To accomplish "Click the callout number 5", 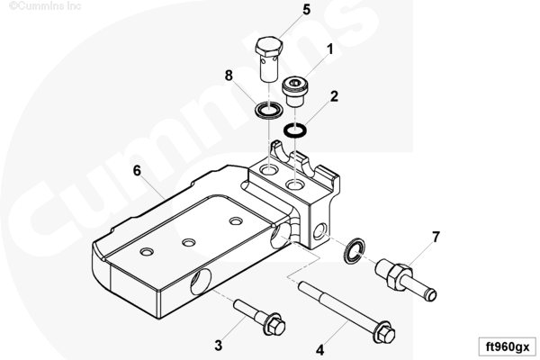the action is click(307, 10).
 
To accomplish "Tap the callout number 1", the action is click(330, 49).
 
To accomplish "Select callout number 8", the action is click(229, 75).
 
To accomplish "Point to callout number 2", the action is click(334, 96).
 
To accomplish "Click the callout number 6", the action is click(137, 170).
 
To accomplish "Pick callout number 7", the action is click(436, 237).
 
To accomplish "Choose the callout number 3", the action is click(219, 346).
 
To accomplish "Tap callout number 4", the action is click(319, 350).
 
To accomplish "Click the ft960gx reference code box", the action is click(508, 346).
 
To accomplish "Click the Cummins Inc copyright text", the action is click(45, 5).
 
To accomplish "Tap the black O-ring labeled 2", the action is click(295, 130).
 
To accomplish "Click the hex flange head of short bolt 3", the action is click(274, 325).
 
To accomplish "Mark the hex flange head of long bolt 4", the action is click(384, 332).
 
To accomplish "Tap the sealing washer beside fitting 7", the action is click(355, 250).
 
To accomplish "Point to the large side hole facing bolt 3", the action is click(201, 282).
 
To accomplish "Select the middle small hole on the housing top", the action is click(188, 243).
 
